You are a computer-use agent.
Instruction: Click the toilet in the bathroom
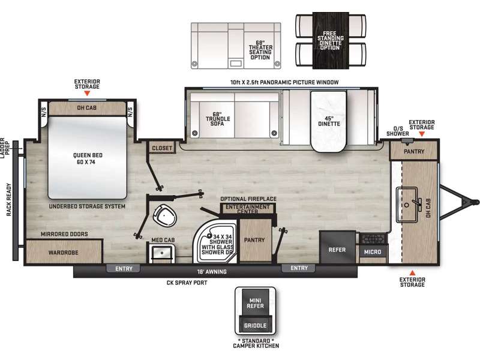click(x=165, y=215)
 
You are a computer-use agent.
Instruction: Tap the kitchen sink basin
click(x=407, y=205)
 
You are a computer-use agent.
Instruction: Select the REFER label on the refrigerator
click(x=337, y=250)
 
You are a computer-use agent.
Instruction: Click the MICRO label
click(x=373, y=252)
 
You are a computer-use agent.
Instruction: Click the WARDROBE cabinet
click(x=64, y=251)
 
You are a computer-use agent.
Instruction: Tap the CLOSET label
click(x=162, y=148)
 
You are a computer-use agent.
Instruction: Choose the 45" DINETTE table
click(x=328, y=122)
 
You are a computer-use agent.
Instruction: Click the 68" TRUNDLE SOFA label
click(x=218, y=119)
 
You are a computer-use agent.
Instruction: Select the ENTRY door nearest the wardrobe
click(x=124, y=268)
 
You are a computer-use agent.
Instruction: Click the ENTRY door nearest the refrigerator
click(x=299, y=268)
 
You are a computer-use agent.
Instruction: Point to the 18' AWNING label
click(x=212, y=272)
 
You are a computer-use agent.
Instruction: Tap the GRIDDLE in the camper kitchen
click(x=255, y=325)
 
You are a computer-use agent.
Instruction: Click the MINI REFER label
click(x=256, y=304)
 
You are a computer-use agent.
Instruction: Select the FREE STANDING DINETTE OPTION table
click(x=331, y=41)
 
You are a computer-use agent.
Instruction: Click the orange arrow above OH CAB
click(x=87, y=93)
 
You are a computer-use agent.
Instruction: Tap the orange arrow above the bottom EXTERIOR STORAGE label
click(x=412, y=273)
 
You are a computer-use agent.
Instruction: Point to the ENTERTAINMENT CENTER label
click(x=248, y=209)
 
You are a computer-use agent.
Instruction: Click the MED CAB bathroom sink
click(x=162, y=253)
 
